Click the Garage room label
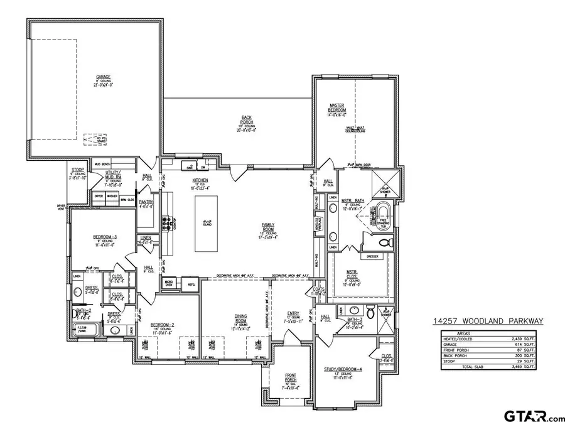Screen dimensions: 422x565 point(103,77)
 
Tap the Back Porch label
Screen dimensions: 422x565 point(247,117)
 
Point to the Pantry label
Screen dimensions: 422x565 point(146,202)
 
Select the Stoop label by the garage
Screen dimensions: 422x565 point(78,168)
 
